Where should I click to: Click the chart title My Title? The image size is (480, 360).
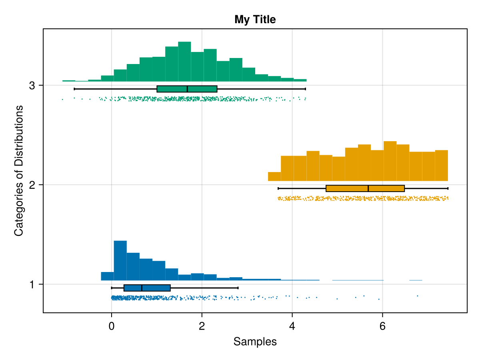(x=255, y=19)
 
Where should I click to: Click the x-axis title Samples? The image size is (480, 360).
(x=255, y=342)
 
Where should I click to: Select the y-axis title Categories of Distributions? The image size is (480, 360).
(x=18, y=170)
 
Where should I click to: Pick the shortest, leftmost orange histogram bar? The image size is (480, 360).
(x=274, y=176)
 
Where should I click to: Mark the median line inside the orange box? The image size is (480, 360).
(x=368, y=188)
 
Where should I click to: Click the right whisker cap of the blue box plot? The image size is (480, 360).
(x=238, y=288)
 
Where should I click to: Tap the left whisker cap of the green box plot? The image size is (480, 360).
(x=74, y=89)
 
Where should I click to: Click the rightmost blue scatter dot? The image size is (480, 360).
(x=417, y=296)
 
